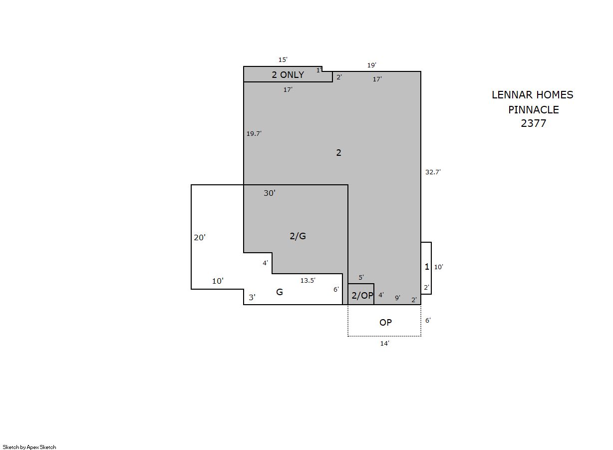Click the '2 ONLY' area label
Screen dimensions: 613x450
point(288,75)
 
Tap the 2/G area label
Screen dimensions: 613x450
point(298,236)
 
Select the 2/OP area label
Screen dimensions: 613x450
point(362,295)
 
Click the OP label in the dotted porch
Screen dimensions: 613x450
point(385,323)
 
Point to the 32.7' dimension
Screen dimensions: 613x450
point(433,172)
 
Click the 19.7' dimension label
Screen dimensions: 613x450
point(254,133)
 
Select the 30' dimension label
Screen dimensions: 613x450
point(269,193)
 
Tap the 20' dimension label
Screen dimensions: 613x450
point(200,237)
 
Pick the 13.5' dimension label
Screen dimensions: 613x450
point(308,280)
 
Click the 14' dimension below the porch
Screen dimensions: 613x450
point(384,343)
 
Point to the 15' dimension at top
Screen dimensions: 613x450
point(283,59)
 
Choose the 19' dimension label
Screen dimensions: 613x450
point(371,65)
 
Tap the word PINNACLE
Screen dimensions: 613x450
point(533,110)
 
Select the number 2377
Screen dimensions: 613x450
point(533,123)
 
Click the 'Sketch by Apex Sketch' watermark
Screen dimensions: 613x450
point(29,447)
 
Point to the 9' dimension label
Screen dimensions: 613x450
point(397,298)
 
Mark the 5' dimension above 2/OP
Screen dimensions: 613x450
point(361,277)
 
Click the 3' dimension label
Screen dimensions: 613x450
point(252,297)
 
